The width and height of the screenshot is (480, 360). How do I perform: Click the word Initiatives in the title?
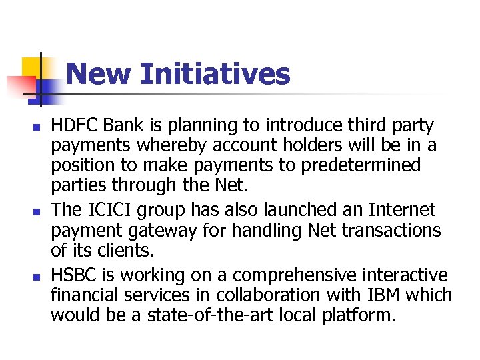point(215,74)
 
